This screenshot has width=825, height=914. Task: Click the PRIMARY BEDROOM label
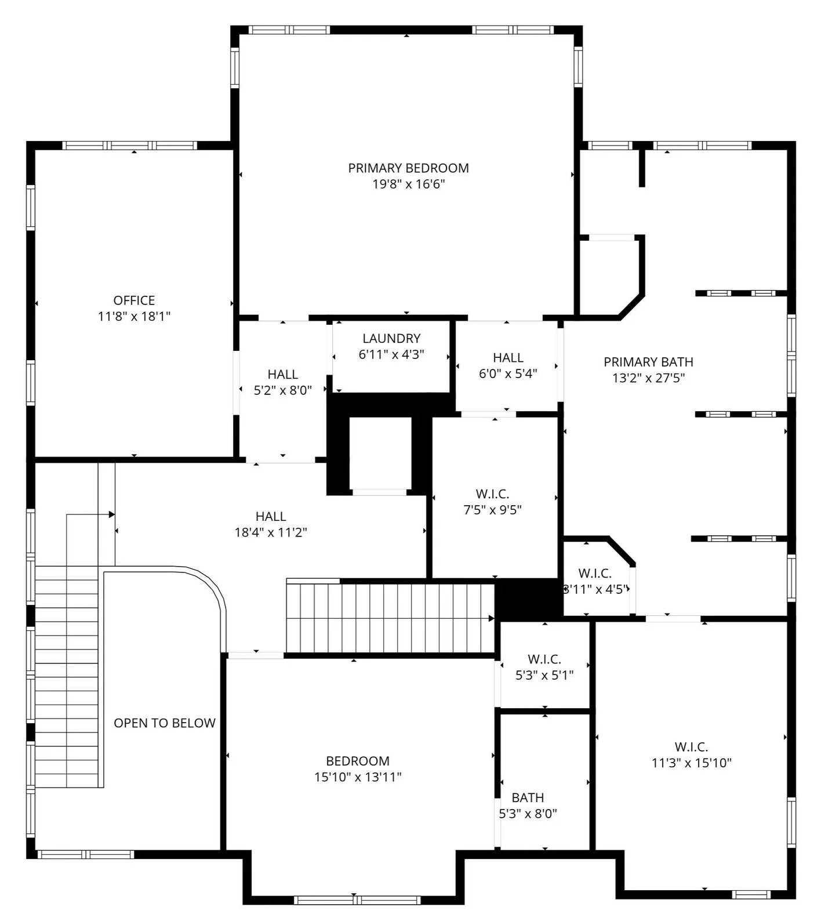(408, 168)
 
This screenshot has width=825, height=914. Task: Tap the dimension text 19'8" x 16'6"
(408, 184)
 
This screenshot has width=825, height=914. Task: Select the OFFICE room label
(134, 300)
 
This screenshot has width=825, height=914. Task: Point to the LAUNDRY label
(391, 338)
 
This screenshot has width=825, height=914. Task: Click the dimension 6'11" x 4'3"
(391, 354)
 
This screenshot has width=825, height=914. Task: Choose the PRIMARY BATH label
(648, 362)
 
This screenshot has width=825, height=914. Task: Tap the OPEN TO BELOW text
(165, 723)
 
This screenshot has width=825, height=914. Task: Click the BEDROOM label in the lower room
(358, 761)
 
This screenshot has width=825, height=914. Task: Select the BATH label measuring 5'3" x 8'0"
(528, 797)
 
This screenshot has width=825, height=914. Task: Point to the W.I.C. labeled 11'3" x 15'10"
(691, 747)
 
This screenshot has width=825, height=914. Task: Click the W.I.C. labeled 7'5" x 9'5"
(492, 494)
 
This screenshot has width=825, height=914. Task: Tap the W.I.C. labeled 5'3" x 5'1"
(544, 659)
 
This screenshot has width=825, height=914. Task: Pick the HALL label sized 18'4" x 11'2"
(271, 516)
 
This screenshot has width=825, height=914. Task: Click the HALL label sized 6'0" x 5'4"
(508, 357)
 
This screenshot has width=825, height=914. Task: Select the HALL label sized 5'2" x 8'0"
(283, 374)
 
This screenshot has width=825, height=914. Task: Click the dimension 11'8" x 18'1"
(134, 317)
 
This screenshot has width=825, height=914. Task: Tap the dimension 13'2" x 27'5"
(648, 378)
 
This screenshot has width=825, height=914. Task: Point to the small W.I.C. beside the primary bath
(595, 574)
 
